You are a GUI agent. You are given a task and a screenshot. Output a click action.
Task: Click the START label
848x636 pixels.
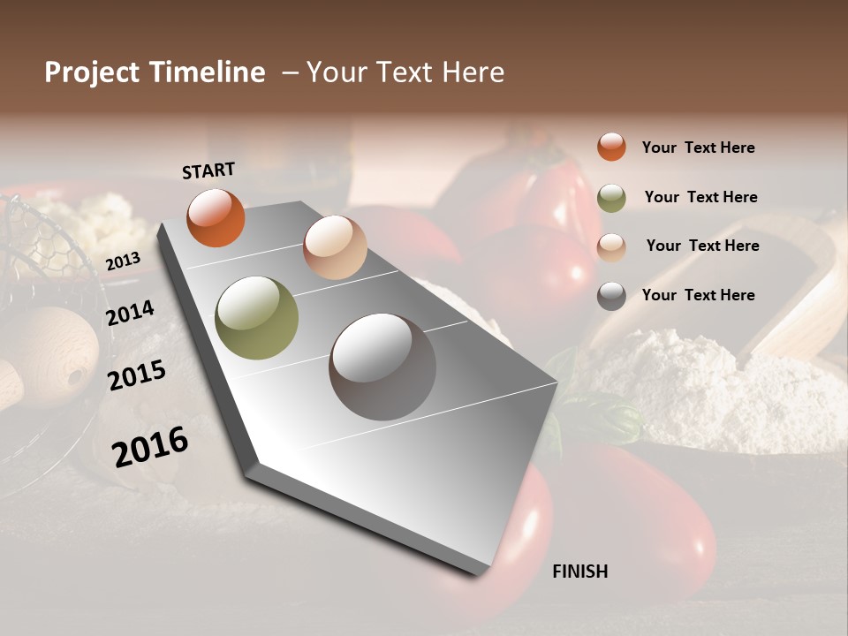(208, 170)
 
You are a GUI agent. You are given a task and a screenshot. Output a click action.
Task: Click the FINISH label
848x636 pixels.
(580, 572)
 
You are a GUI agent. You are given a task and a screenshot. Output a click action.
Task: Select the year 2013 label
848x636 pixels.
(124, 261)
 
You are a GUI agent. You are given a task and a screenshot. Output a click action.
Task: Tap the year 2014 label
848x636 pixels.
(131, 313)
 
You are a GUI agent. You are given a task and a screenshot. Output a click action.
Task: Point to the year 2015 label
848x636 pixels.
(137, 375)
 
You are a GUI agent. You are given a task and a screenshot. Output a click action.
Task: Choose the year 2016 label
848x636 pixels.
(150, 446)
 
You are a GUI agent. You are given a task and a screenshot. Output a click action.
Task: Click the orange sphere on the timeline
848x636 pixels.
(216, 218)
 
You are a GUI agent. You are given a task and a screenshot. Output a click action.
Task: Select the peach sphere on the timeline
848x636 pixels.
(335, 247)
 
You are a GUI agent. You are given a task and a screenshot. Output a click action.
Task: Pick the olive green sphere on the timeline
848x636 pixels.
(257, 318)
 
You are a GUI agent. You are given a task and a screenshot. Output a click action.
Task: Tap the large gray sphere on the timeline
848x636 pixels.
(382, 367)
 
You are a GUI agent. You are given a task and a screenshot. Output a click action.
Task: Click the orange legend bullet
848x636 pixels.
(611, 147)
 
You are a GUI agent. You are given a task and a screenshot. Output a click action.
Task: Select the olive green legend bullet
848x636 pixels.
(611, 198)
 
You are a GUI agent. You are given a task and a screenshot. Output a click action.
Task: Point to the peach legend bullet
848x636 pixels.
(611, 247)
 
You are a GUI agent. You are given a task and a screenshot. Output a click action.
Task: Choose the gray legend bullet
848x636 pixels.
(611, 296)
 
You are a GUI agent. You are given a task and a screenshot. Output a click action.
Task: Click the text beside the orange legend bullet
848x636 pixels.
(698, 148)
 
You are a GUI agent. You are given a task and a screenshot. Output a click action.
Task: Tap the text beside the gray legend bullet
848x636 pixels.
(698, 295)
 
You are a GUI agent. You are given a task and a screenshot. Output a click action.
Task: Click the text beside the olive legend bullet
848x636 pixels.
(700, 197)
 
